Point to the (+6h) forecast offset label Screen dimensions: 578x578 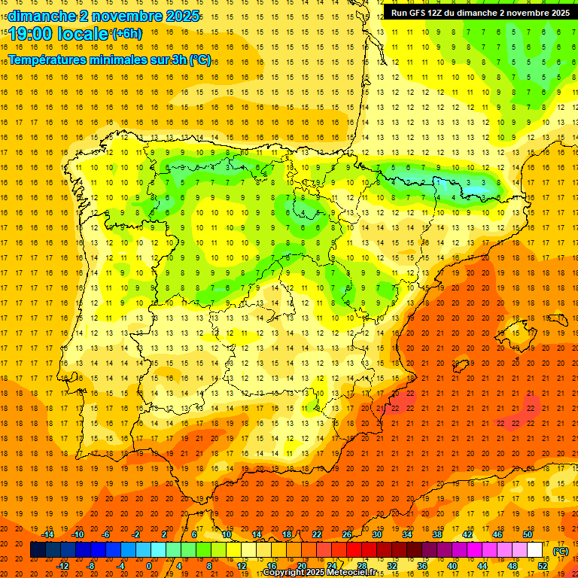126,34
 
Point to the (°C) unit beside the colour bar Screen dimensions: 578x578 561,552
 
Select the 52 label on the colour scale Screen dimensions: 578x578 543,565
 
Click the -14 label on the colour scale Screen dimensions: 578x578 47,534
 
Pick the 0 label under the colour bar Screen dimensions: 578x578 149,565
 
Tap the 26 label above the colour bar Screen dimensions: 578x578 347,534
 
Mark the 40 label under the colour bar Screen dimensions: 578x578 452,565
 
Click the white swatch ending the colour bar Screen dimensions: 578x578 535,550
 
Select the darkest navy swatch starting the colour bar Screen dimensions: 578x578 38,550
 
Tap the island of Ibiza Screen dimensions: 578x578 461,367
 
